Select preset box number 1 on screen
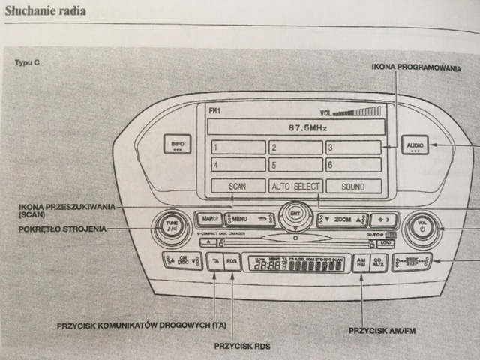pyautogui.click(x=237, y=147)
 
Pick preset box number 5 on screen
pyautogui.click(x=295, y=165)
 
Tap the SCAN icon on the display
pyautogui.click(x=237, y=186)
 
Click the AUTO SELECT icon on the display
pyautogui.click(x=295, y=186)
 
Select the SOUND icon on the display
pyautogui.click(x=352, y=186)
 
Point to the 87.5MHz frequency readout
pyautogui.click(x=295, y=127)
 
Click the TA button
pyautogui.click(x=215, y=262)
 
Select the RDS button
pyautogui.click(x=232, y=262)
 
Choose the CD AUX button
pyautogui.click(x=379, y=262)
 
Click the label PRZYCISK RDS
pyautogui.click(x=241, y=346)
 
